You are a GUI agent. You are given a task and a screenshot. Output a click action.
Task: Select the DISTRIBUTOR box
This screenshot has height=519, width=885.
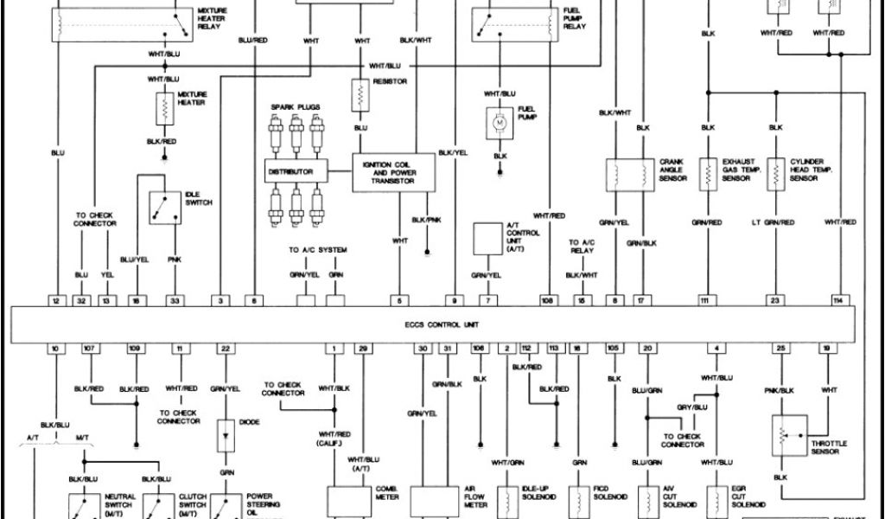coord(296,172)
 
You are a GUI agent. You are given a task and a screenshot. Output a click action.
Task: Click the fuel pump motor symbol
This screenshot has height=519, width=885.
coord(500,125)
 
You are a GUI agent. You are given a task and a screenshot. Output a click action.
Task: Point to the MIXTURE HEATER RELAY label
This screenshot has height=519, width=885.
coord(210,18)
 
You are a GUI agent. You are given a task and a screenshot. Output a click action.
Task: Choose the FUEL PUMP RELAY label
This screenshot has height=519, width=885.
coord(575,18)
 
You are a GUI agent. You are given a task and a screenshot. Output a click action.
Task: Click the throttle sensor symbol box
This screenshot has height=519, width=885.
coord(788,436)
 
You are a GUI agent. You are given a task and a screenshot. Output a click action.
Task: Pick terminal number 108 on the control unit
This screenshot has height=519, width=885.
coord(548,301)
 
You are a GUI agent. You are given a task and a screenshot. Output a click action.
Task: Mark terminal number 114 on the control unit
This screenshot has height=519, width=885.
coord(837,301)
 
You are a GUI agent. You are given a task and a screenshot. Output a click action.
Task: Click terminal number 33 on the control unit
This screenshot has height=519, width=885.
coord(175,301)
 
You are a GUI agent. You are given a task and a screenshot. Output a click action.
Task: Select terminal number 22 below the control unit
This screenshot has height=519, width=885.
coord(225,348)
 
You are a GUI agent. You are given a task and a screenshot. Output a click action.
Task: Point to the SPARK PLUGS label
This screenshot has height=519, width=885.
coord(296,107)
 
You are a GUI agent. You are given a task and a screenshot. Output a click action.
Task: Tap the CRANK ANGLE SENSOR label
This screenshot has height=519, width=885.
coord(673,170)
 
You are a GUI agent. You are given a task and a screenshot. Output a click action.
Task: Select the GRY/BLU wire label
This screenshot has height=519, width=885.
coord(691,406)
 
